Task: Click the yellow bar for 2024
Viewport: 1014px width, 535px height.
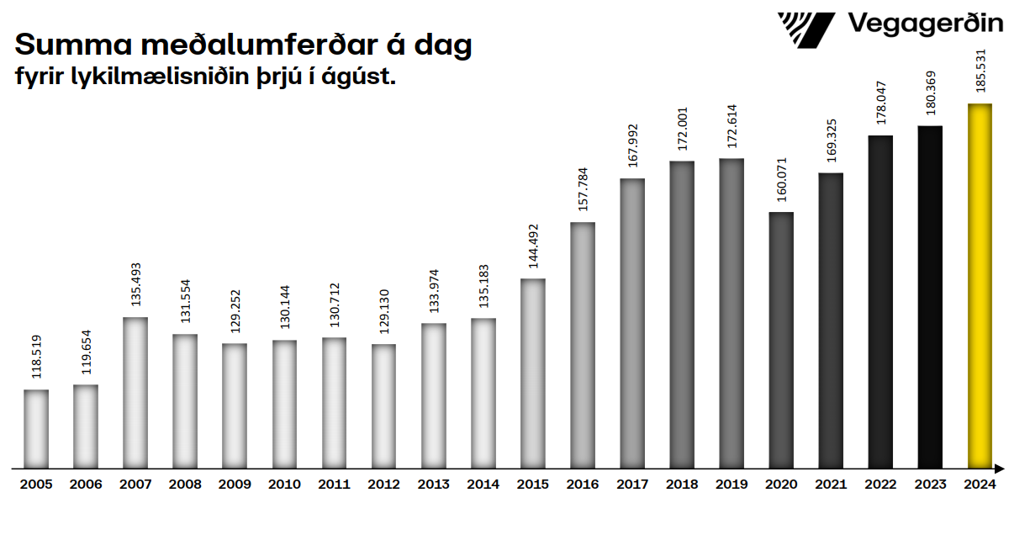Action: pos(980,286)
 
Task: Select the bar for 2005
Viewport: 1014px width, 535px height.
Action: pos(36,428)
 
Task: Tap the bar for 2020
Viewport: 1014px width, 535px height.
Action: pos(781,340)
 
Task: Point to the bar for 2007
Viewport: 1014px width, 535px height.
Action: pos(135,392)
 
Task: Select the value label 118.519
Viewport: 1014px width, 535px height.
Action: pos(36,357)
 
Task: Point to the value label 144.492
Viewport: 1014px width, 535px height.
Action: pos(533,246)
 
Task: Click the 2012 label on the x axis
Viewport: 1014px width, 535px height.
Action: pos(383,485)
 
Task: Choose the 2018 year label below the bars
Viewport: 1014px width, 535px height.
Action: pos(682,485)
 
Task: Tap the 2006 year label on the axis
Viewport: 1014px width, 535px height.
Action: pos(86,485)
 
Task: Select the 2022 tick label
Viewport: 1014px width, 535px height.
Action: pos(880,485)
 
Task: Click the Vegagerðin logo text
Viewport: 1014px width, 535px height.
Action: pos(925,24)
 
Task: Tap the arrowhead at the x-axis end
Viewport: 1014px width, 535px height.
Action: pos(1000,468)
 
